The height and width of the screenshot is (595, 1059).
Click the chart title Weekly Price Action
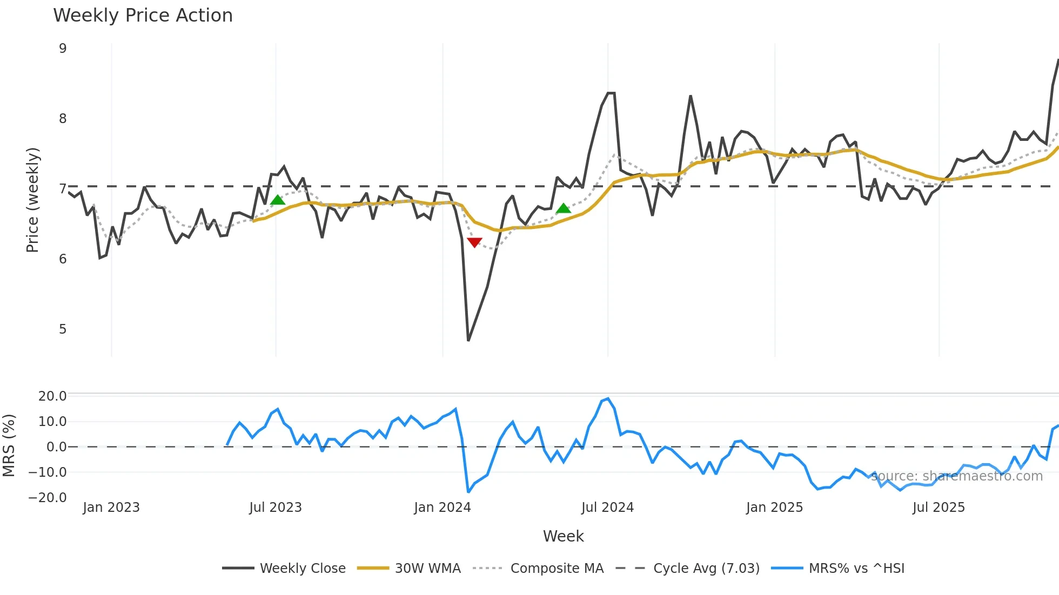[143, 16]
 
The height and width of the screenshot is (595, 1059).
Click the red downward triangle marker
[474, 242]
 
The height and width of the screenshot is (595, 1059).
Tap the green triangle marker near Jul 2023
[277, 200]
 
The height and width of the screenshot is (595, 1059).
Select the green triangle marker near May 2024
[563, 208]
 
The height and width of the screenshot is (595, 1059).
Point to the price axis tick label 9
[63, 49]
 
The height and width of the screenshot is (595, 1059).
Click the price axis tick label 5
[63, 329]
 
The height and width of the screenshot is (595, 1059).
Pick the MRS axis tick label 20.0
[52, 396]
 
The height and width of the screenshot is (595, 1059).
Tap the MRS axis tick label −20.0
[48, 498]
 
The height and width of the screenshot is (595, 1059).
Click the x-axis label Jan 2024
[442, 508]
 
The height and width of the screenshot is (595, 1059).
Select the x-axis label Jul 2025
[939, 508]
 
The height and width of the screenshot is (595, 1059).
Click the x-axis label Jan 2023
[111, 508]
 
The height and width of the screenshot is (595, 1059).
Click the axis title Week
[563, 536]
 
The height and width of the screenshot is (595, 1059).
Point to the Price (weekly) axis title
[33, 200]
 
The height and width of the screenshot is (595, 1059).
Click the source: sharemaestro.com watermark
[956, 476]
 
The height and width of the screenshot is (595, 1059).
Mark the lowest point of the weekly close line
[468, 340]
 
